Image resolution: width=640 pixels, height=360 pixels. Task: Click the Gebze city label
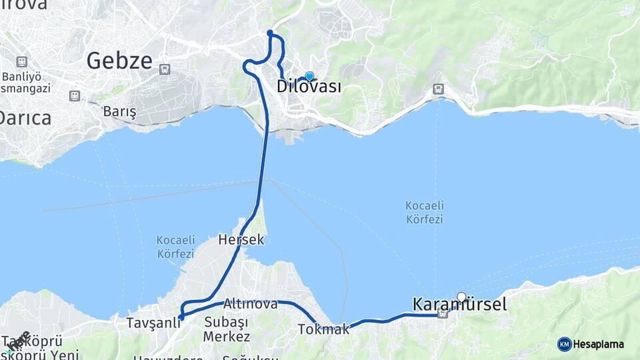[x=119, y=61]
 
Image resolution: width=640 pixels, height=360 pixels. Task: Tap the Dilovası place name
[x=309, y=87]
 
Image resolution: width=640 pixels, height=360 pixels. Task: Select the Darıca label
[x=25, y=118]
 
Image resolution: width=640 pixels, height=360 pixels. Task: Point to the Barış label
[x=119, y=111]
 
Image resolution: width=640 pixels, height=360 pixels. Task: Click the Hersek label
[x=241, y=240]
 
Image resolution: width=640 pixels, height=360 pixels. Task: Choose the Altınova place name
[x=251, y=303]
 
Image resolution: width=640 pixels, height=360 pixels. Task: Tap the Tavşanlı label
[x=153, y=323]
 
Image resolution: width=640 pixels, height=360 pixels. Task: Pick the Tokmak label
[x=323, y=329]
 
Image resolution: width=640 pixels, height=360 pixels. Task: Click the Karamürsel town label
[x=459, y=305]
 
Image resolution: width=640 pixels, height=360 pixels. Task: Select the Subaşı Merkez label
[x=227, y=329]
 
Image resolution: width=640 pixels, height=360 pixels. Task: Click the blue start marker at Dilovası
[x=309, y=77]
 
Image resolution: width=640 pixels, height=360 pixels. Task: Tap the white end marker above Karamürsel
[x=461, y=297]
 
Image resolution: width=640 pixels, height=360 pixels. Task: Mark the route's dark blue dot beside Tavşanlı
[x=181, y=317]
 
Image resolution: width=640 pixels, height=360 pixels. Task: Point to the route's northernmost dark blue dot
[x=270, y=33]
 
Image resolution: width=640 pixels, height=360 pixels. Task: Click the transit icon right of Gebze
[x=165, y=68]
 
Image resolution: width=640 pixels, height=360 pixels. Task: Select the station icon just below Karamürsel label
[x=443, y=314]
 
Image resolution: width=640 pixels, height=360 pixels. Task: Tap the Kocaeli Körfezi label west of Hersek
[x=175, y=246]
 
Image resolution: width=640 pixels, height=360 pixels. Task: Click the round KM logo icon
[x=564, y=344]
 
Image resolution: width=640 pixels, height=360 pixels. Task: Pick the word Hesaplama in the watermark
[x=599, y=344]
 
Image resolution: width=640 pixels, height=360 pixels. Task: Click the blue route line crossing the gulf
[x=264, y=167]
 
